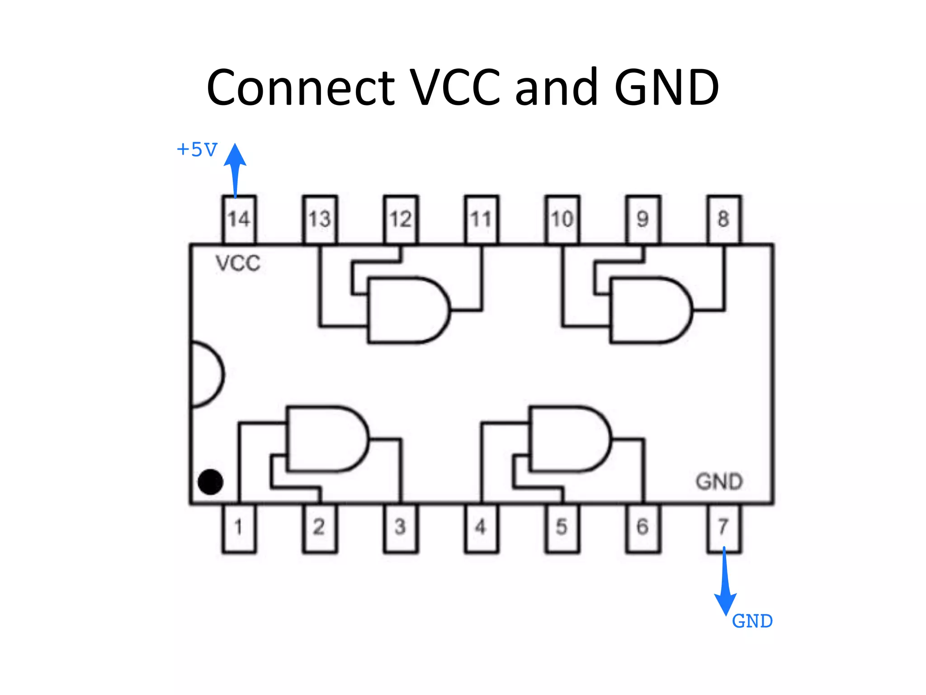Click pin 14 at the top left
(x=239, y=219)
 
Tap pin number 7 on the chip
(x=723, y=527)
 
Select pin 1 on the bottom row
(x=239, y=527)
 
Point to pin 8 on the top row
(x=723, y=219)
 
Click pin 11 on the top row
(x=481, y=219)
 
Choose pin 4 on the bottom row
(x=481, y=527)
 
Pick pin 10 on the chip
(x=562, y=219)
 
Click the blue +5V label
(x=197, y=149)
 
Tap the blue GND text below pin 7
(x=752, y=621)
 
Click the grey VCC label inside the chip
(x=238, y=263)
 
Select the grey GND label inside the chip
(x=719, y=481)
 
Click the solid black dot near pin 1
(x=210, y=482)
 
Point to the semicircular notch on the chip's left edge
(x=206, y=374)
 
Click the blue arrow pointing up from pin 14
(x=235, y=170)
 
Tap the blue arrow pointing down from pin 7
(x=725, y=584)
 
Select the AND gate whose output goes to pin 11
(x=407, y=310)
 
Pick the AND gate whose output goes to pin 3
(x=326, y=439)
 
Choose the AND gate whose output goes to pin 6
(x=568, y=439)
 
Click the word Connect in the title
(x=301, y=87)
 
